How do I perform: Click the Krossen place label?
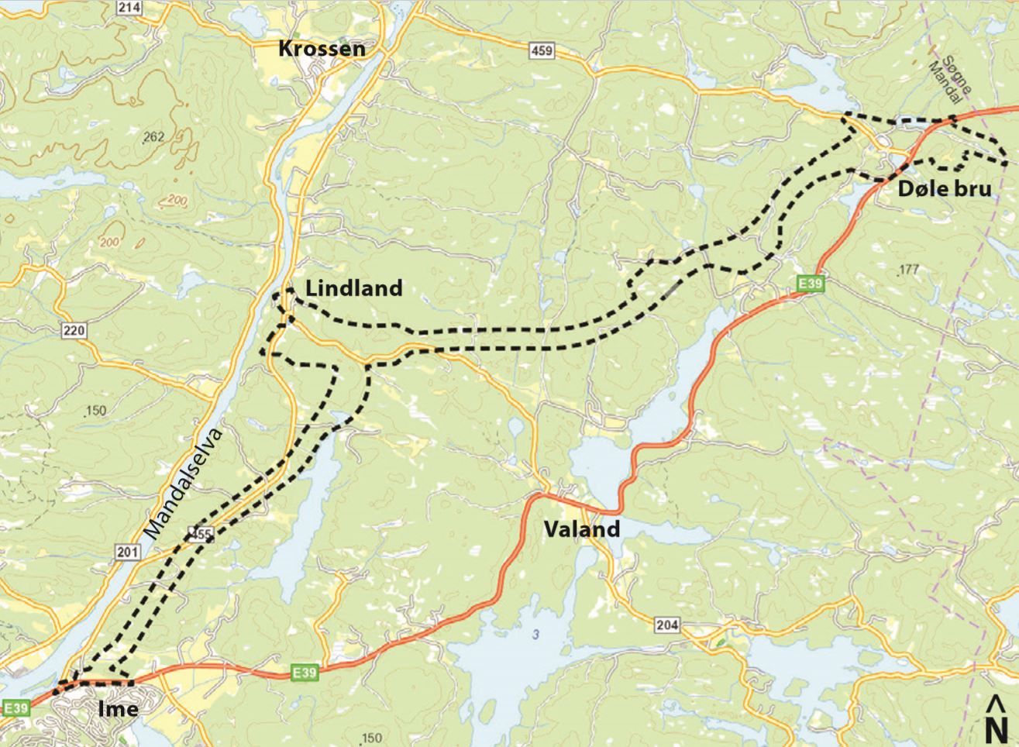coord(322,49)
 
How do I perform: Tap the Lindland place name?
coord(354,288)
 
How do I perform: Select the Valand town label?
coord(581,529)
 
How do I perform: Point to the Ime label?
coord(119,709)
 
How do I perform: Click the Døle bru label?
coord(945,188)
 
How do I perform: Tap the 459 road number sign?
coord(542,51)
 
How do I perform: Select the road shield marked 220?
coord(75,331)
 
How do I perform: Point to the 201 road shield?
coord(128,552)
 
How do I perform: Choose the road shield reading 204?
coord(666,625)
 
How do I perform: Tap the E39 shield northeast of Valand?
coord(810,285)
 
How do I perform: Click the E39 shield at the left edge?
coord(16,707)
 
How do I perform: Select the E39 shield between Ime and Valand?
coord(305,673)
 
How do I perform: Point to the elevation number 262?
coord(153,137)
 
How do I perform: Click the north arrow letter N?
coord(996,730)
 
